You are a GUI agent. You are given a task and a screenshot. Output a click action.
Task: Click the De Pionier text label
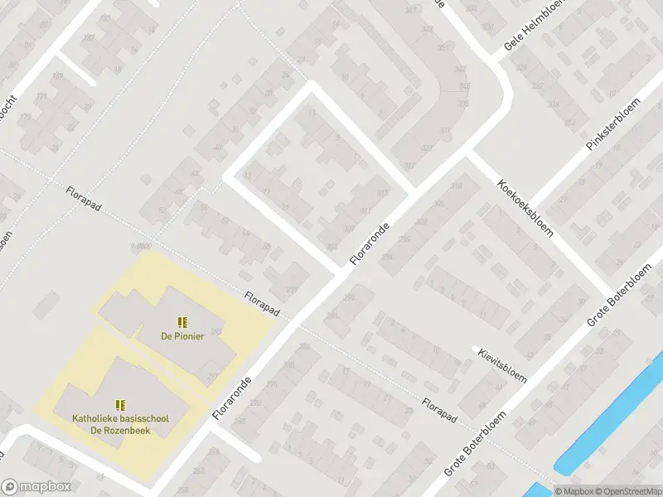tap(182, 335)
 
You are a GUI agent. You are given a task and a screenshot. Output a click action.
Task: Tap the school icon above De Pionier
tap(182, 321)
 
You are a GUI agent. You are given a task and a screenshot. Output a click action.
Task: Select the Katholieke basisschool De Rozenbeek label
tap(120, 424)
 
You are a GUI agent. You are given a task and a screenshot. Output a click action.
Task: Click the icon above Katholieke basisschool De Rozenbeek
tap(120, 404)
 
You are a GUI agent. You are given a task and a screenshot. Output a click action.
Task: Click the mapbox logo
tap(36, 487)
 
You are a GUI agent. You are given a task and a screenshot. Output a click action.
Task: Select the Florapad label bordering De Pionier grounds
tap(262, 304)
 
